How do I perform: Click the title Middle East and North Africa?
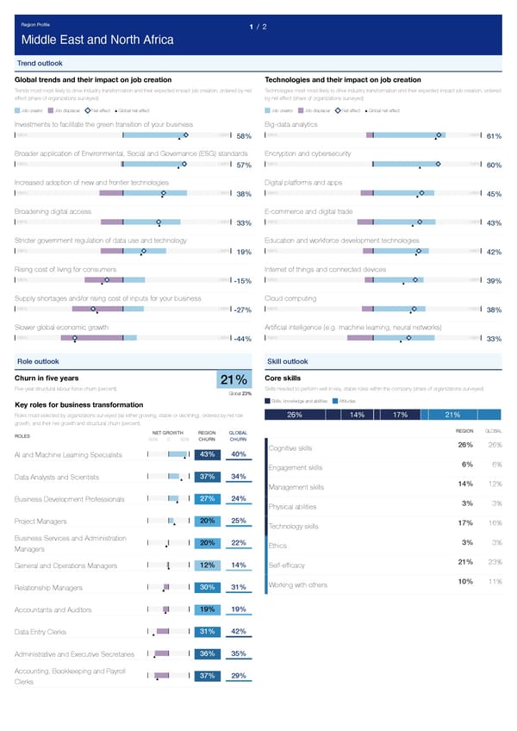97,40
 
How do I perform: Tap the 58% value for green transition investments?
243,136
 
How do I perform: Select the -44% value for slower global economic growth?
242,339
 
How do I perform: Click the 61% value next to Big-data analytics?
494,136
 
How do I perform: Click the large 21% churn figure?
234,380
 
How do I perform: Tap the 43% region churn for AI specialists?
207,454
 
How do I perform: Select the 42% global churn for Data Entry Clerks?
240,631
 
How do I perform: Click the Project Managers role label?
41,521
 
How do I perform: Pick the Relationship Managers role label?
53,588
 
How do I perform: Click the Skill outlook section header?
288,361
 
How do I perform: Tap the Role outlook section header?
38,361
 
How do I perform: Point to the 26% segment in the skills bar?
293,415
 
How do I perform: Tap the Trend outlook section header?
40,63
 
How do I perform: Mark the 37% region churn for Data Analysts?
207,477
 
